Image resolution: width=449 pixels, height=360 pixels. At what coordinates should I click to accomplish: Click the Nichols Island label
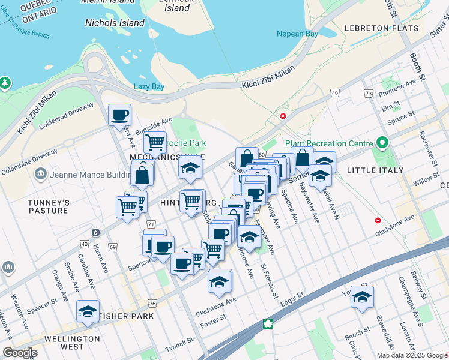(x=115, y=23)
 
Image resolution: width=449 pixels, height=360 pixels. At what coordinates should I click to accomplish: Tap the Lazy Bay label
(x=149, y=86)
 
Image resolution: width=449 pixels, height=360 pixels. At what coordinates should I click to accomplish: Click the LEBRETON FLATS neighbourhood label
(x=381, y=28)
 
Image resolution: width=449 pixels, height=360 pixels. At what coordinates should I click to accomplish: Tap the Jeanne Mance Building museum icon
(x=41, y=174)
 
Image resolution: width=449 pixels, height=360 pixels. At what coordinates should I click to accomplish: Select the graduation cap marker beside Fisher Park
(x=88, y=311)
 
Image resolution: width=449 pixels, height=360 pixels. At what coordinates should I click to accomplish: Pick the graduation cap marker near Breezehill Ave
(x=362, y=296)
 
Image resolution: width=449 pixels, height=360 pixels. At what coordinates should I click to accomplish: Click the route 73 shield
(x=368, y=94)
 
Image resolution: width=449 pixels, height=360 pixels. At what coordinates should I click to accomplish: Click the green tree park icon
(x=5, y=82)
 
